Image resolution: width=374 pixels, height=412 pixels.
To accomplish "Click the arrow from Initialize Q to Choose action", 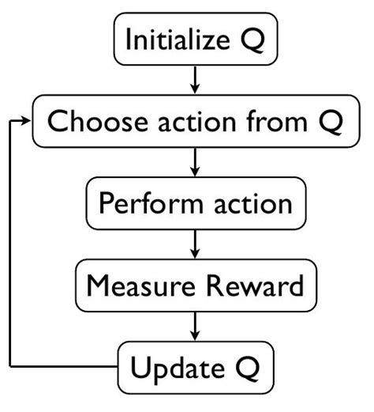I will pyautogui.click(x=195, y=79).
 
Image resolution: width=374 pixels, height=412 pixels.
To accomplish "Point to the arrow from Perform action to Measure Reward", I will pyautogui.click(x=195, y=244).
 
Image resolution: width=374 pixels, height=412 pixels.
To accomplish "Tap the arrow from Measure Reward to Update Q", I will pyautogui.click(x=195, y=326).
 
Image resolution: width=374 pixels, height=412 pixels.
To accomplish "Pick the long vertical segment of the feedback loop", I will pyautogui.click(x=11, y=245).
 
